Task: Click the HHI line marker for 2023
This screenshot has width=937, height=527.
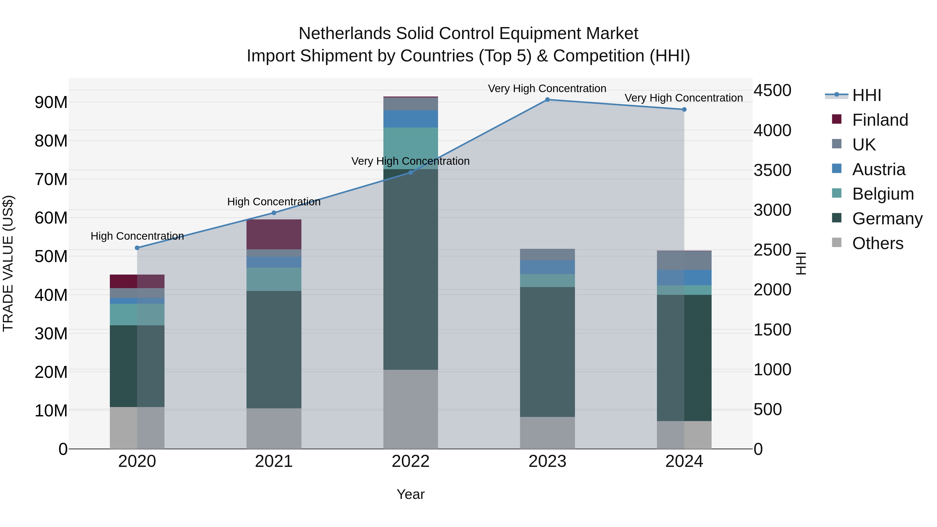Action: click(x=547, y=100)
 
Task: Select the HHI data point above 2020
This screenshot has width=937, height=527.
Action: click(x=137, y=248)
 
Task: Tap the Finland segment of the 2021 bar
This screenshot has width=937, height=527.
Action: click(x=274, y=234)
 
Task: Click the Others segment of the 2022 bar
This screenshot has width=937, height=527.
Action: click(x=411, y=409)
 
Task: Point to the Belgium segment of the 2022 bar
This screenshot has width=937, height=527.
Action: click(x=411, y=148)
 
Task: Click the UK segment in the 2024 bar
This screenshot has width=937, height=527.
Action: click(x=684, y=261)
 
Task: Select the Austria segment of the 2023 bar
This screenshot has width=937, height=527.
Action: click(x=547, y=267)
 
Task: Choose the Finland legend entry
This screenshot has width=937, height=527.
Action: click(x=880, y=120)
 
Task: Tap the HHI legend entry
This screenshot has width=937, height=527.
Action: click(x=866, y=95)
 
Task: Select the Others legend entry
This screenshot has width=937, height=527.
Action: click(x=877, y=243)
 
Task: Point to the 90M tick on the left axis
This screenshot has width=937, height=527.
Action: click(x=51, y=103)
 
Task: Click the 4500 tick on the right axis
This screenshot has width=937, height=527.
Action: click(x=772, y=90)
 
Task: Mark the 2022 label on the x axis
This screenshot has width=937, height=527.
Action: click(x=411, y=461)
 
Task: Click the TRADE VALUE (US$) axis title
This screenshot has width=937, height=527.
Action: click(x=8, y=263)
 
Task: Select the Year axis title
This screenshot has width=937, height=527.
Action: click(x=411, y=494)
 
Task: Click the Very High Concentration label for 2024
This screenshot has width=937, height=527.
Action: click(x=683, y=98)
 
